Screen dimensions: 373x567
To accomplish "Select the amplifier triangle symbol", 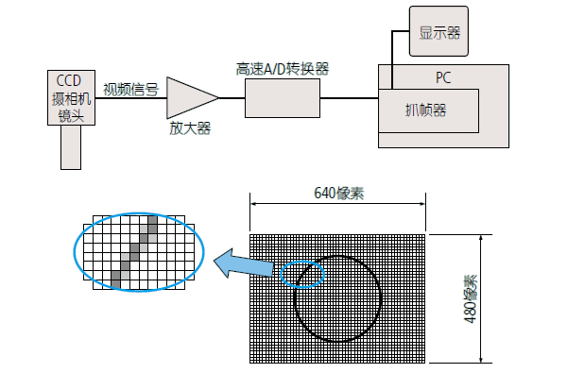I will pyautogui.click(x=188, y=97).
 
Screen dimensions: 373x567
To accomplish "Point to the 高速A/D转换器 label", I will pyautogui.click(x=283, y=69).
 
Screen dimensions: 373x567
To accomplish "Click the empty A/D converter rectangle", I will pyautogui.click(x=283, y=97).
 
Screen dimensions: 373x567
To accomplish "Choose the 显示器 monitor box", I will pyautogui.click(x=439, y=32).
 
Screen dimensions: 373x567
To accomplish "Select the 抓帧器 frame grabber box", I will pyautogui.click(x=427, y=110).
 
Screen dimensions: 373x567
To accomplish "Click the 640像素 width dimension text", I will pyautogui.click(x=339, y=193).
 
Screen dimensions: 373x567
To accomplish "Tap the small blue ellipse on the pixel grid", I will pyautogui.click(x=303, y=272).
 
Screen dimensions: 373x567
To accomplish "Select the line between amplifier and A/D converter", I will pyautogui.click(x=232, y=97).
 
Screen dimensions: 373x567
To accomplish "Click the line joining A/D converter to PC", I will pyautogui.click(x=349, y=97).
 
